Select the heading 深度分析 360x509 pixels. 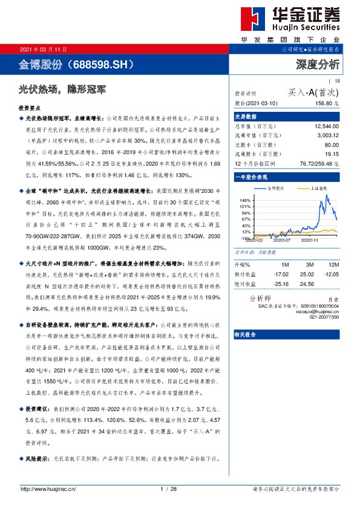click(x=318, y=63)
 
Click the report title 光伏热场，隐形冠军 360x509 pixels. click(x=63, y=89)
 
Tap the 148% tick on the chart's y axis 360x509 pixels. click(x=245, y=199)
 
